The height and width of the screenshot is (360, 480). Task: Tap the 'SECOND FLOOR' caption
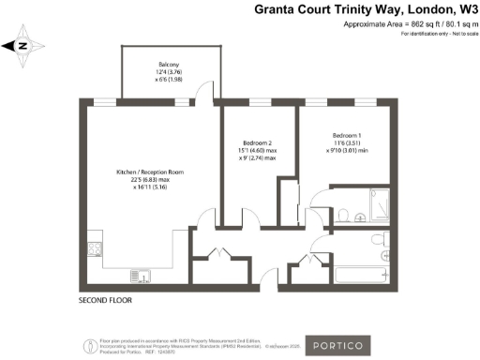tap(106, 301)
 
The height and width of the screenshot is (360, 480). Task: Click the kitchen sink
tap(137, 275)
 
